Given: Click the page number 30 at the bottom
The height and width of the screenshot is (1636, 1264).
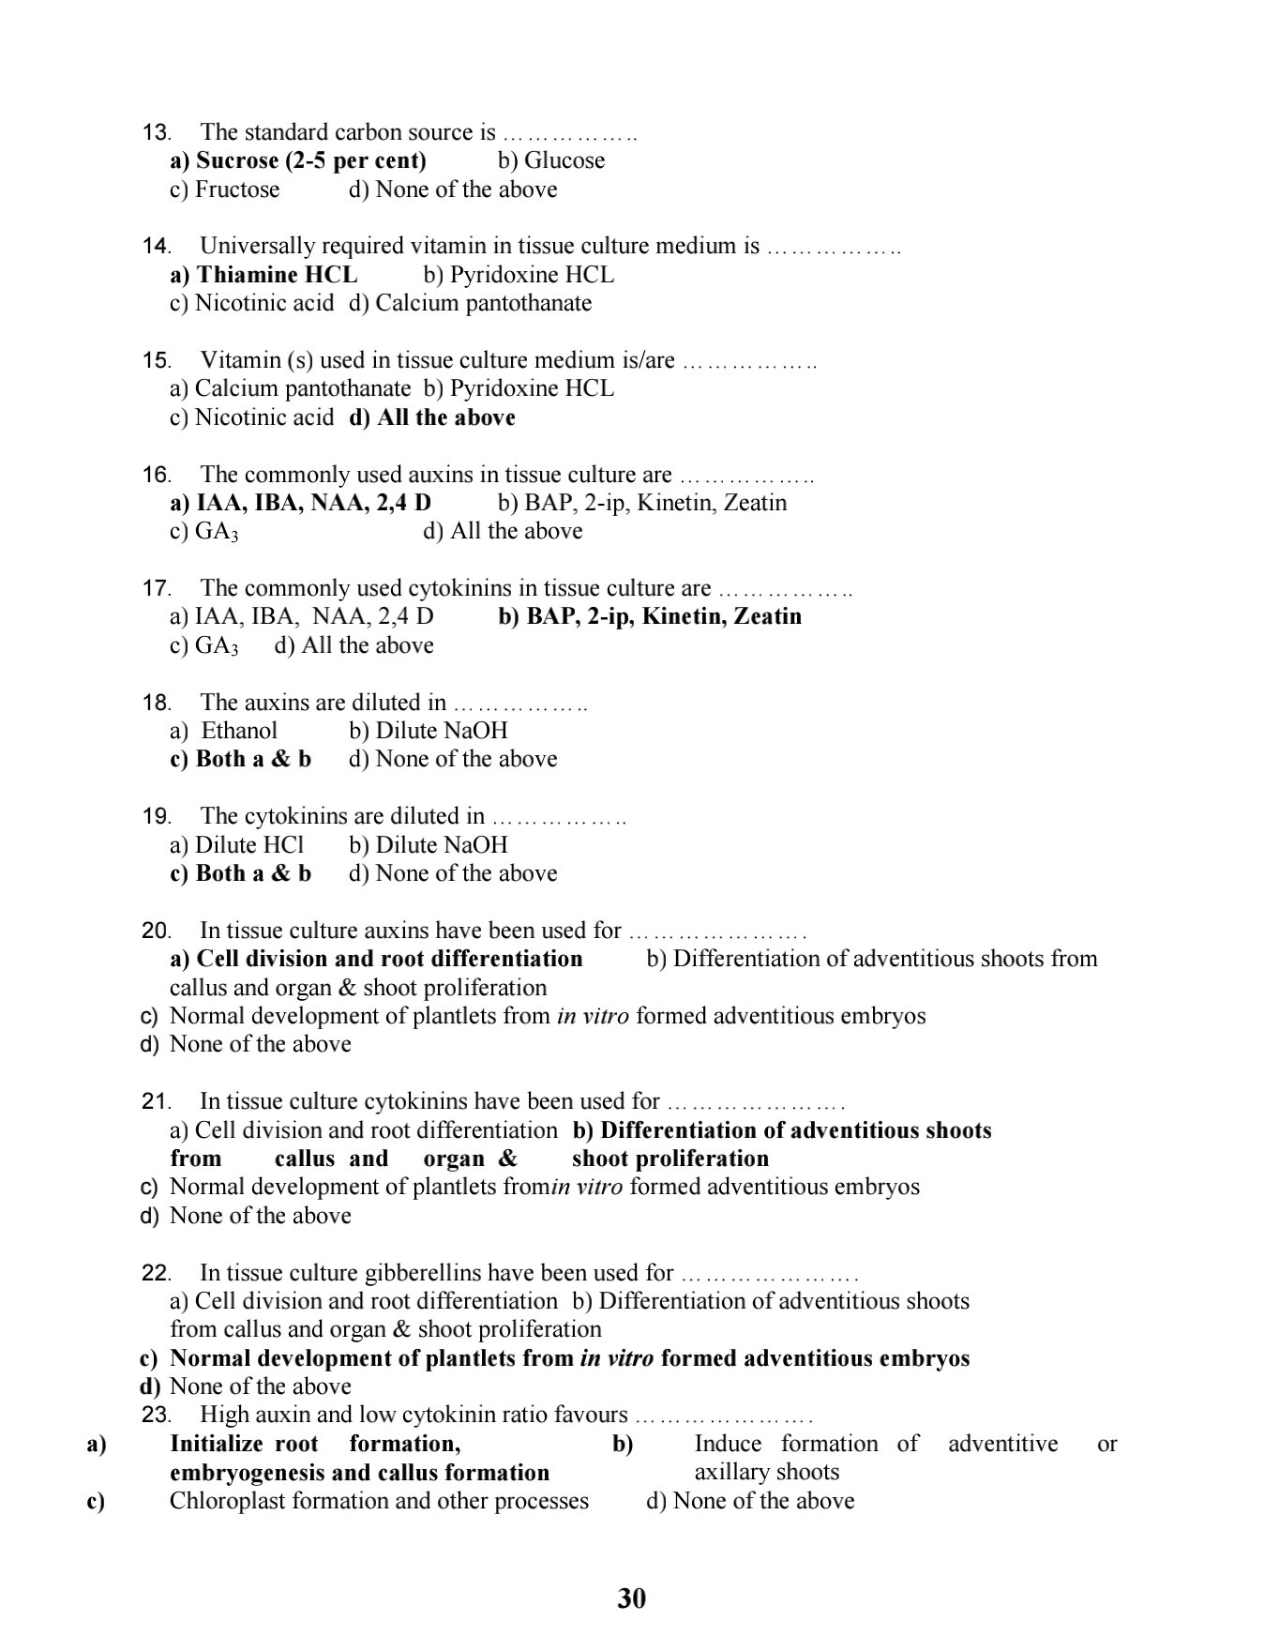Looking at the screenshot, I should point(632,1598).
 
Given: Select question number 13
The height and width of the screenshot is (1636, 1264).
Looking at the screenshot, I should point(156,133).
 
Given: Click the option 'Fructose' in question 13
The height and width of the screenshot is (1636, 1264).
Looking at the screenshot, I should point(236,189).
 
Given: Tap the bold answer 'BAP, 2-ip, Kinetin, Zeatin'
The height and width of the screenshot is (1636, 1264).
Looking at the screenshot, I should point(651,616).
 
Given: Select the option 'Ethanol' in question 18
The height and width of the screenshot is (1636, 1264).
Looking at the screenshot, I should point(239,731).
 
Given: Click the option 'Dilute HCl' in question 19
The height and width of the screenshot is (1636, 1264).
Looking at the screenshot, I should point(248,844).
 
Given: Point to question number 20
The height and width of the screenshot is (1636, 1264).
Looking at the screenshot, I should point(156,932).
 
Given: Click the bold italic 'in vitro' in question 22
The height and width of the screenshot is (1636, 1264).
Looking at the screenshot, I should point(617,1358).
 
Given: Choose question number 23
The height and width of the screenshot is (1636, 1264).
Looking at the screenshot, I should point(156,1416).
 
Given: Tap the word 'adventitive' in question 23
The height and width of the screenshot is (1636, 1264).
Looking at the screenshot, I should point(1002,1444).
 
